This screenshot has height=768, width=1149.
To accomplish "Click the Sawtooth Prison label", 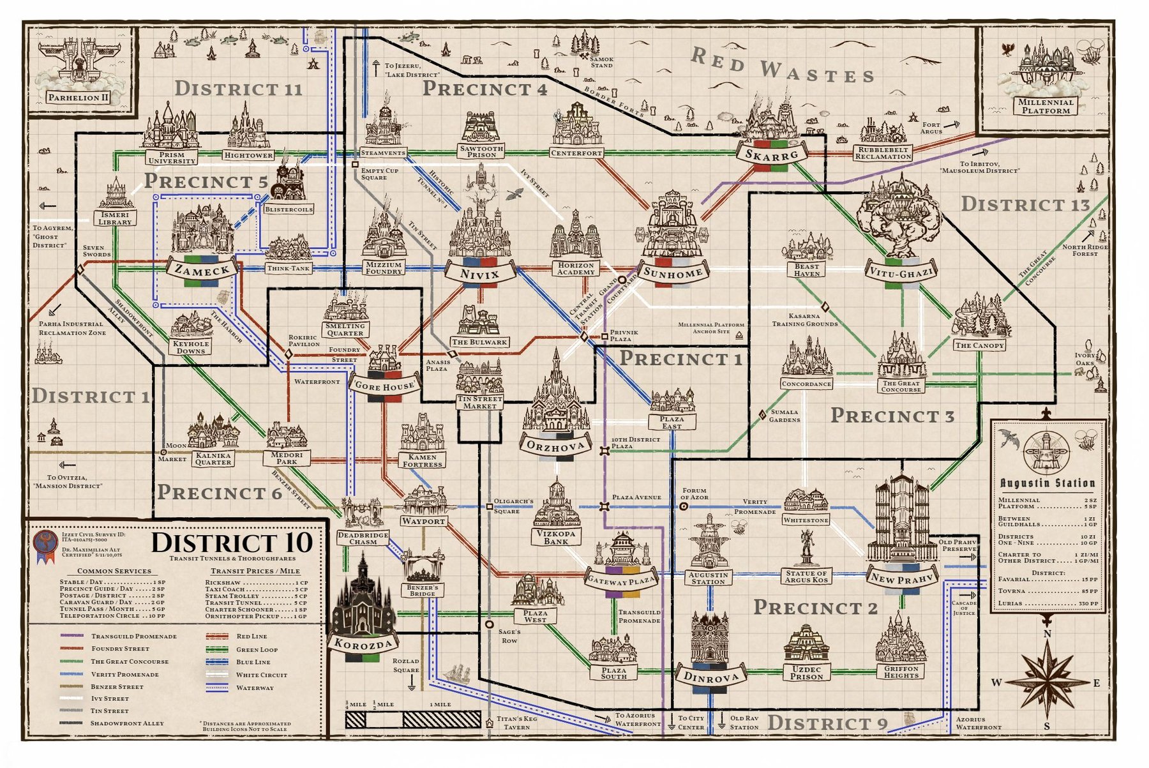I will (x=481, y=151).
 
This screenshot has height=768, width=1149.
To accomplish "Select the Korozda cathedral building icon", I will (x=363, y=597).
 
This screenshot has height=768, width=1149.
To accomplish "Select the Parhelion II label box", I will (x=79, y=98).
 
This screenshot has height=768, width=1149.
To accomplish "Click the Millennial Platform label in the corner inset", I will (x=1045, y=106).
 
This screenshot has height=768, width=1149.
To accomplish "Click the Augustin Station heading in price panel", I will (x=1047, y=483).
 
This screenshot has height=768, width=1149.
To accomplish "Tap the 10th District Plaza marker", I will (x=605, y=451).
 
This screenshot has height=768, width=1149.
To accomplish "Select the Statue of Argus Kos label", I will (x=806, y=576).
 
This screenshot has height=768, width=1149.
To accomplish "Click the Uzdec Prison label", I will (x=806, y=672).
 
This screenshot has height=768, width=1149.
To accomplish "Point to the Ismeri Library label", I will (x=116, y=218).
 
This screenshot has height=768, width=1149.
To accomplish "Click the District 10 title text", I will (x=231, y=543).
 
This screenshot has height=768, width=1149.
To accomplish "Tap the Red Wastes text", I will (x=782, y=66).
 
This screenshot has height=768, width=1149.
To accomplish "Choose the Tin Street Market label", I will (x=479, y=402).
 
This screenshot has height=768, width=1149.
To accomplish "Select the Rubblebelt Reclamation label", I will (x=883, y=153).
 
